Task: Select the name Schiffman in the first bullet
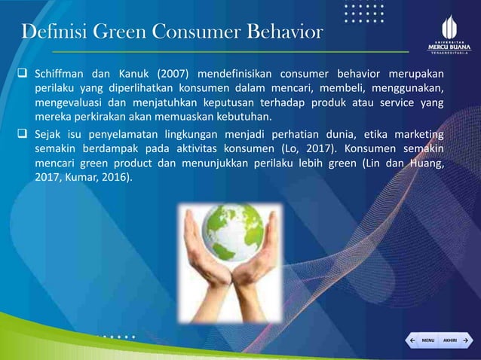[x=62, y=74]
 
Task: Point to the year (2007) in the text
[x=173, y=74]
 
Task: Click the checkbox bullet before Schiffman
[x=23, y=74]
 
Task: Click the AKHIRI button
[x=449, y=340]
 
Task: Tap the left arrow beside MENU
[x=411, y=340]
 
